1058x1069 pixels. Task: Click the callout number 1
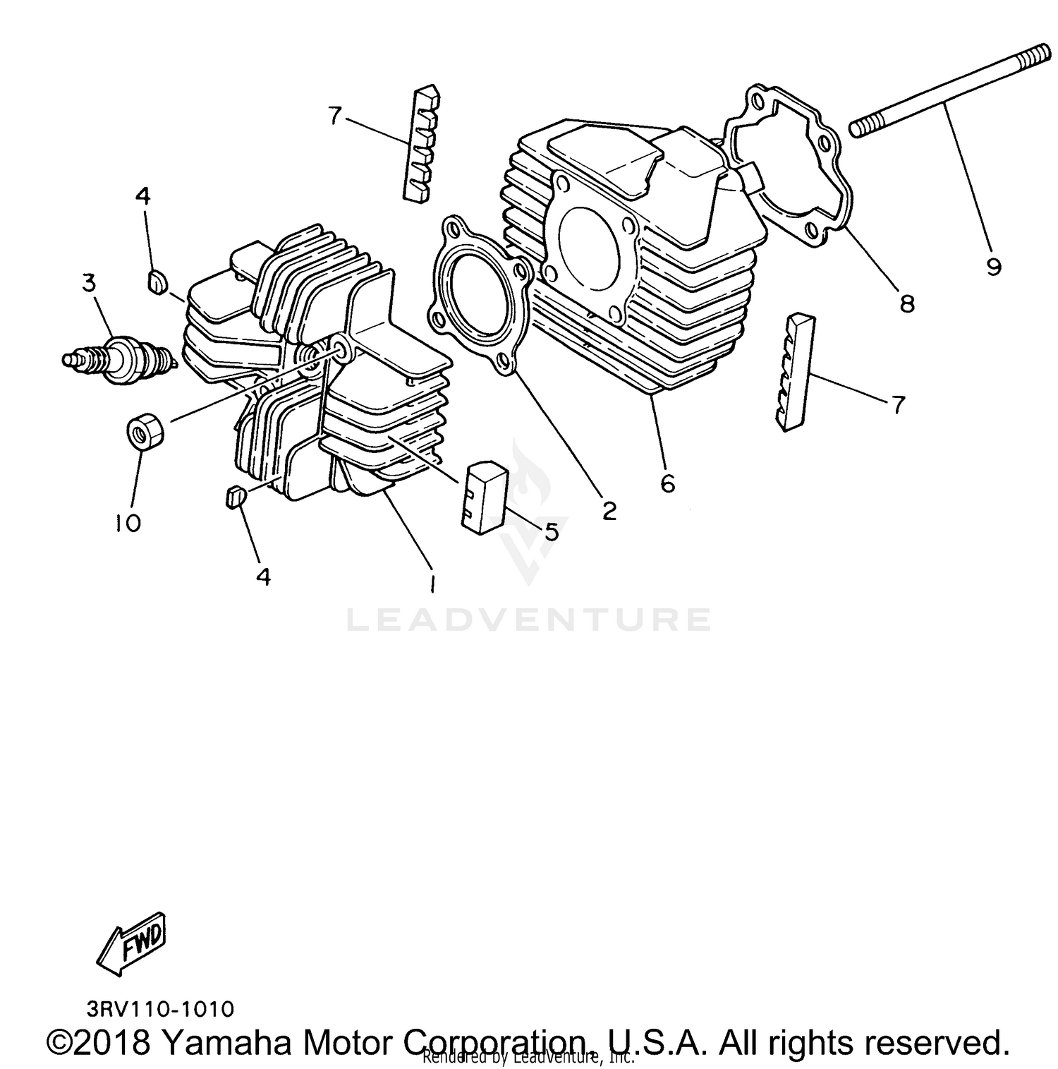(x=431, y=584)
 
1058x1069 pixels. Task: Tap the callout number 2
(x=608, y=509)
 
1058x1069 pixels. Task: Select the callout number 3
(x=88, y=284)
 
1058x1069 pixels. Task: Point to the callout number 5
(x=551, y=531)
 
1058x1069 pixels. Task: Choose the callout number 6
(x=667, y=483)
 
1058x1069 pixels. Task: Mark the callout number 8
(x=906, y=303)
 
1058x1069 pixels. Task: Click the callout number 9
(x=993, y=267)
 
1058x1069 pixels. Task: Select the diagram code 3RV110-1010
(x=160, y=1009)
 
